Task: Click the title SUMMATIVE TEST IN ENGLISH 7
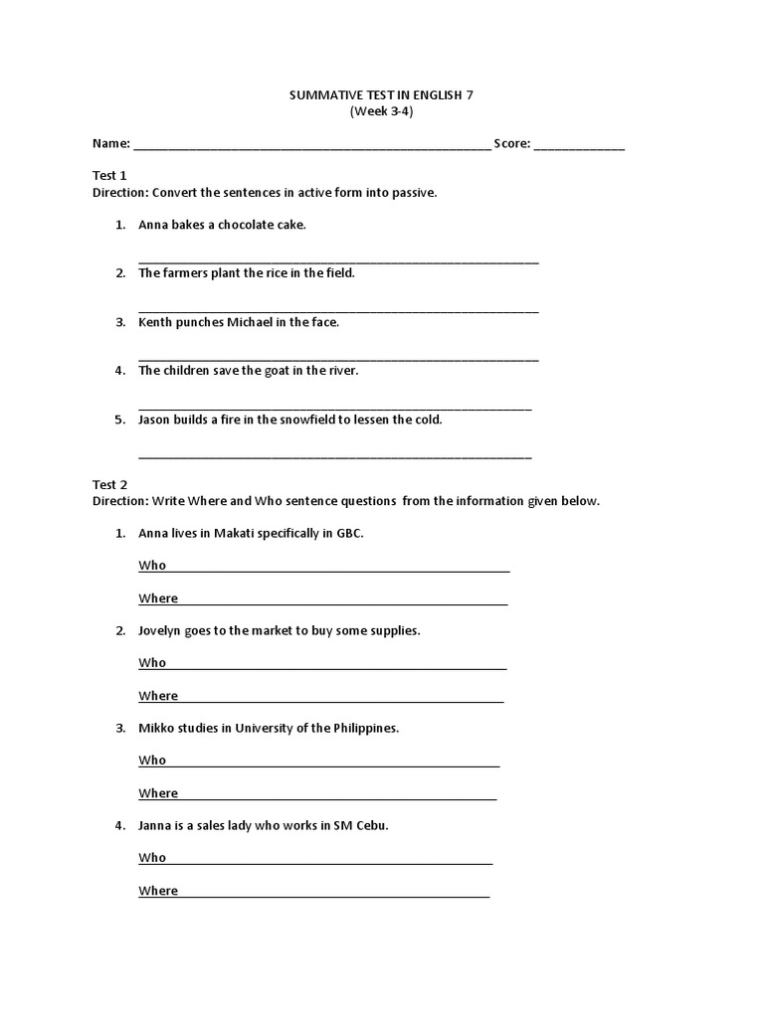[381, 95]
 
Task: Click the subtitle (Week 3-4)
[381, 111]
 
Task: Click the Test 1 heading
[109, 175]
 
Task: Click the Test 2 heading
[109, 485]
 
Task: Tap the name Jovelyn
[162, 631]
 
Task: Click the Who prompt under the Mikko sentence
[152, 761]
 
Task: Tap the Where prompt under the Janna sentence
[158, 891]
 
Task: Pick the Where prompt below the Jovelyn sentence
[158, 696]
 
